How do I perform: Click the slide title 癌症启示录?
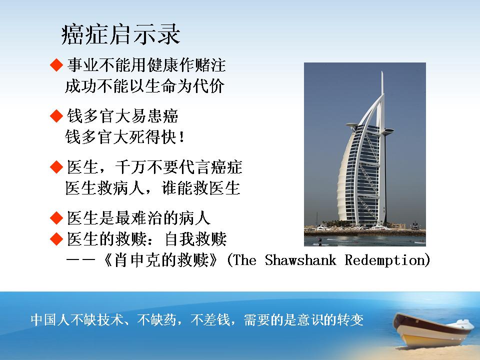coord(120,34)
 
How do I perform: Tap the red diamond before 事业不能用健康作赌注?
coord(56,65)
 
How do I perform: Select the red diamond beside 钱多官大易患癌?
coord(56,116)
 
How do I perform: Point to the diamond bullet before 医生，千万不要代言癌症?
coord(56,167)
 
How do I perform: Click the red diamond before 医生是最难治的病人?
coord(56,218)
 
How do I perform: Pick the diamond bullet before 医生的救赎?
coord(56,239)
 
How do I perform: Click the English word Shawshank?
coord(300,260)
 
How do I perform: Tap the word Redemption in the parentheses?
coord(384,260)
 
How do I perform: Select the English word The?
coord(244,260)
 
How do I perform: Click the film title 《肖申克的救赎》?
coord(160,260)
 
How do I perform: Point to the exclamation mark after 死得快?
coord(181,137)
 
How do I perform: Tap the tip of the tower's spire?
coord(382,71)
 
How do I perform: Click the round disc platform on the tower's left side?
coord(351,125)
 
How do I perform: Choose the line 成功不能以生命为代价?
coord(145,86)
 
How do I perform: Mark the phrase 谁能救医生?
coord(200,188)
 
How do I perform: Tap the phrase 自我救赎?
coord(196,239)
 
